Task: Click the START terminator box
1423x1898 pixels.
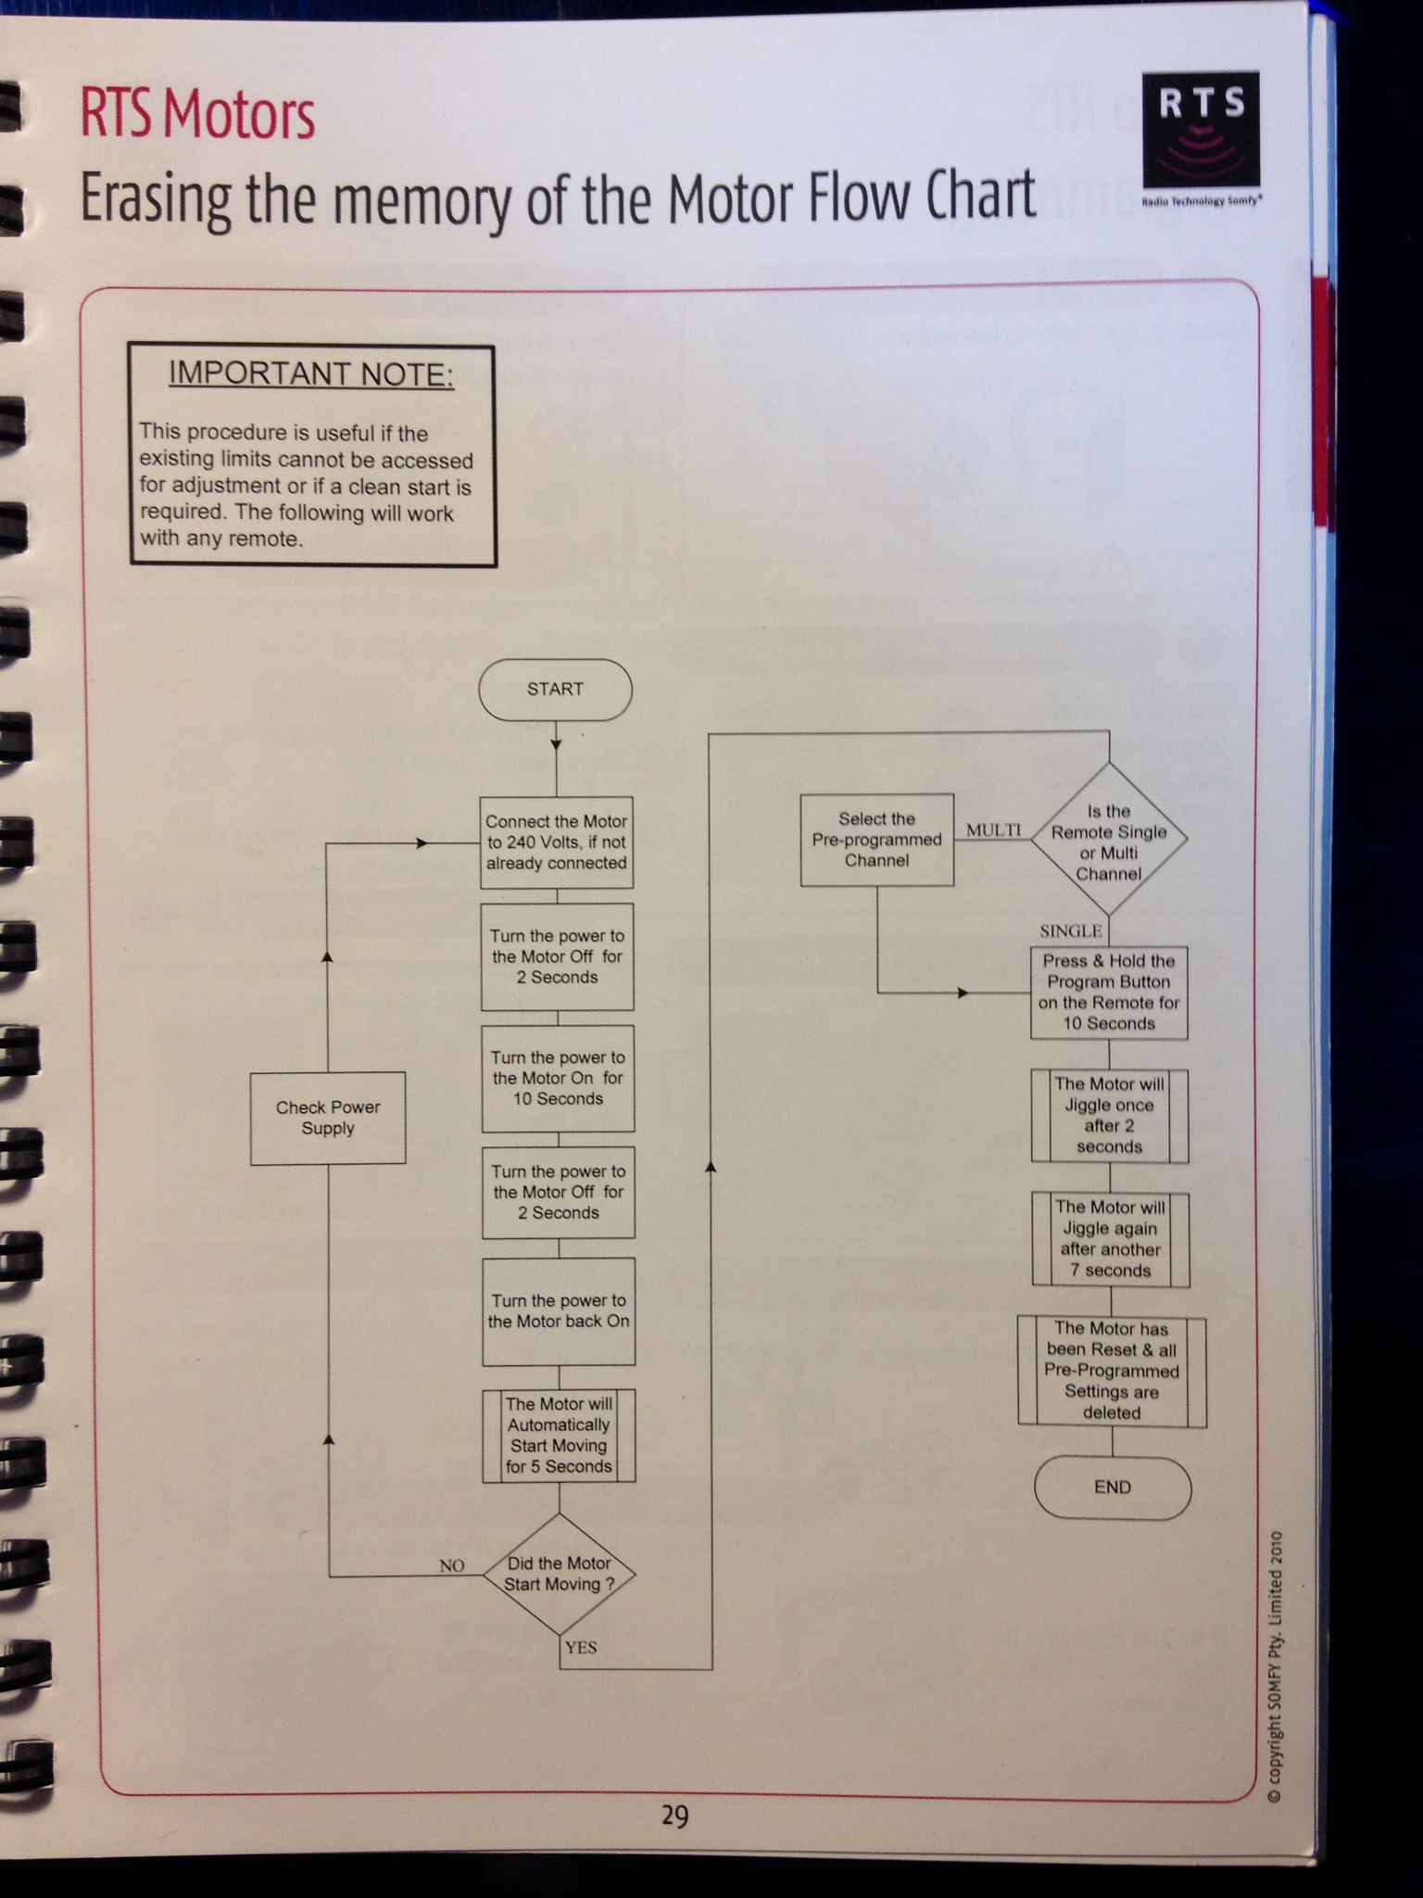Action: pyautogui.click(x=555, y=690)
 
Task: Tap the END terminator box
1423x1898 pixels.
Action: pyautogui.click(x=1112, y=1487)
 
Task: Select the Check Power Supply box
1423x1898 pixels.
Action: pyautogui.click(x=328, y=1118)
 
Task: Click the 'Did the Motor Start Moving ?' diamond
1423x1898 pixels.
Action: pyautogui.click(x=559, y=1574)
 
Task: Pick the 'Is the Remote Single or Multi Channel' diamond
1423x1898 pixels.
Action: pyautogui.click(x=1108, y=842)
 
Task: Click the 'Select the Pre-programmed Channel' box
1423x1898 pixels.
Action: pyautogui.click(x=876, y=840)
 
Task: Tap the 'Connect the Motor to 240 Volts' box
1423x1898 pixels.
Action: pyautogui.click(x=556, y=842)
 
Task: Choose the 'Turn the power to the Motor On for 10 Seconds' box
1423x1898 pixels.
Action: pyautogui.click(x=558, y=1078)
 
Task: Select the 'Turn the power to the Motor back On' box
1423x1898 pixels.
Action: pyautogui.click(x=559, y=1311)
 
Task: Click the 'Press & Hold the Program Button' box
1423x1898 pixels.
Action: pyautogui.click(x=1109, y=993)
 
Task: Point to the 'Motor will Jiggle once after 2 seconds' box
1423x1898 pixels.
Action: pyautogui.click(x=1110, y=1116)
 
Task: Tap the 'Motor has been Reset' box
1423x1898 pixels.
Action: pyautogui.click(x=1112, y=1371)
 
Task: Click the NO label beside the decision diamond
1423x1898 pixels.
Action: pyautogui.click(x=452, y=1565)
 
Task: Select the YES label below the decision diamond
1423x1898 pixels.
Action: pyautogui.click(x=581, y=1647)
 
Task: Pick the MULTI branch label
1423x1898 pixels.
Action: pyautogui.click(x=993, y=830)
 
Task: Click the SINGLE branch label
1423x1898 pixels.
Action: pyautogui.click(x=1071, y=930)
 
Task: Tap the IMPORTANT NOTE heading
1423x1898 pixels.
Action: pyautogui.click(x=311, y=373)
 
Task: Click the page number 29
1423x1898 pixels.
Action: pyautogui.click(x=674, y=1815)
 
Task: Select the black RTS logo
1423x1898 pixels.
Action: pyautogui.click(x=1201, y=130)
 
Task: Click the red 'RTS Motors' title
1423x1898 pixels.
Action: pyautogui.click(x=197, y=115)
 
